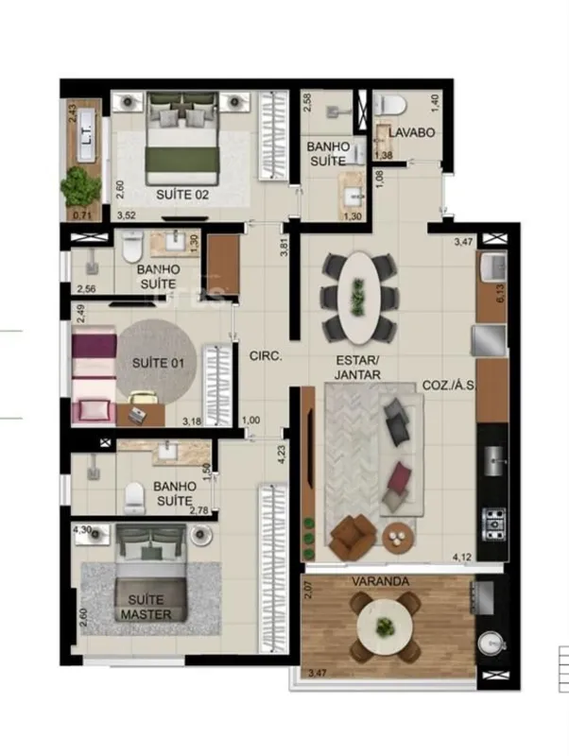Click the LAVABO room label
pos(412,132)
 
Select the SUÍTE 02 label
pos(182,195)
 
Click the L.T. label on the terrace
pos(86,135)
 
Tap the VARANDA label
pos(381,581)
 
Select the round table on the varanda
pos(385,627)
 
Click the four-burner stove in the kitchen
pos(493,524)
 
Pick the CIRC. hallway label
pos(266,356)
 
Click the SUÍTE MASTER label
pos(147,607)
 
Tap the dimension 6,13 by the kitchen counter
pos(500,293)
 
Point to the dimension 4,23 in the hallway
pos(282,455)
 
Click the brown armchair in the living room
pos(353,537)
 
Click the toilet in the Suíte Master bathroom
pos(134,498)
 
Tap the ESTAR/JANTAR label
pos(358,367)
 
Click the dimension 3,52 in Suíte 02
pos(127,215)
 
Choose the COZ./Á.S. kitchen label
pos(449,386)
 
